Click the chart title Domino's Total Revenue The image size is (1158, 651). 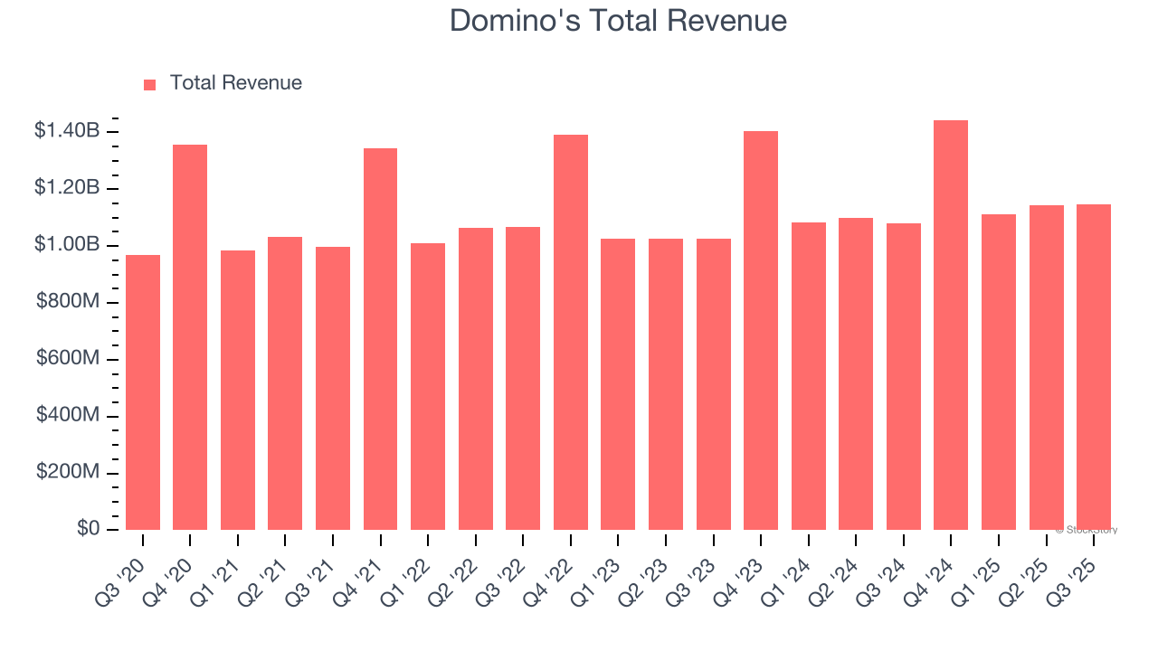point(618,21)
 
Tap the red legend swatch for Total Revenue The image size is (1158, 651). point(150,84)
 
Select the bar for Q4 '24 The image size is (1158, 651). point(951,325)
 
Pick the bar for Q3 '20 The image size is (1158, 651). point(143,392)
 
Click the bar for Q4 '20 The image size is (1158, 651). point(190,337)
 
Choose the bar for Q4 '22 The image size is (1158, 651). point(571,332)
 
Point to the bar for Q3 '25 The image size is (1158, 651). point(1094,367)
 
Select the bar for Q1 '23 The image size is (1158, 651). point(618,384)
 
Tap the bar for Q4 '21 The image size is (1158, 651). point(380,339)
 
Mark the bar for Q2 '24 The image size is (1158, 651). point(856,373)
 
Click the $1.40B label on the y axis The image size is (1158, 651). point(67,131)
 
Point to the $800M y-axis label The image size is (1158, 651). point(68,302)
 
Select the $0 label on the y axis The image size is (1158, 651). point(87,529)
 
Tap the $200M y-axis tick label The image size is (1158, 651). point(68,472)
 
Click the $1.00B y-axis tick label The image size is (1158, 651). point(67,245)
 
